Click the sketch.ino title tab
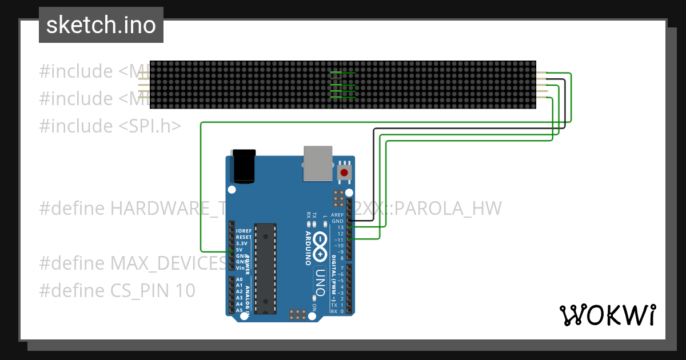point(101,25)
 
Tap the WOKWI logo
point(607,315)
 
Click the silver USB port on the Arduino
point(317,163)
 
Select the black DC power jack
point(242,166)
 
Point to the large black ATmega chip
point(266,269)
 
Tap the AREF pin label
point(338,215)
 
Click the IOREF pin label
point(244,231)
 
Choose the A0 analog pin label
point(240,279)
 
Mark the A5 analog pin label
point(240,310)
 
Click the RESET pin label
point(244,237)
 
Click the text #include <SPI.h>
point(110,126)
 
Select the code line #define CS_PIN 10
point(117,291)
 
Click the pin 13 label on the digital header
point(340,227)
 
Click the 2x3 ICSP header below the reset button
point(338,195)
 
